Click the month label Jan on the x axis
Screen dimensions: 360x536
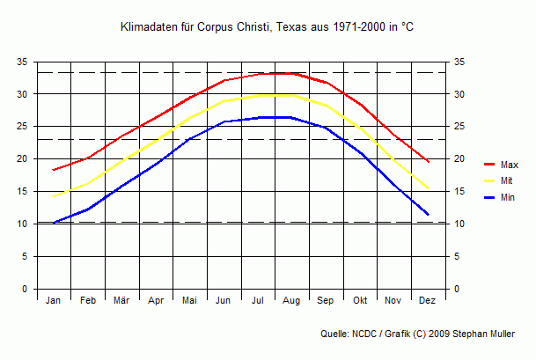click(53, 301)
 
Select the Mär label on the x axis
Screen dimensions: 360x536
click(121, 301)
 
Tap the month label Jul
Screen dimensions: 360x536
click(258, 301)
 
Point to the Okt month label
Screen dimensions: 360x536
click(360, 301)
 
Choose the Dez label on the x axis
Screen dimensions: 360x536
click(428, 301)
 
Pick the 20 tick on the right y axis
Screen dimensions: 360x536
click(459, 159)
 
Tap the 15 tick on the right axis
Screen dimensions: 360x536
click(459, 192)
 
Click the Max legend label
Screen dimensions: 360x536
click(509, 165)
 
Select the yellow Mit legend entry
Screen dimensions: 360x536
click(507, 181)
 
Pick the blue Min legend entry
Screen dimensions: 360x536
click(508, 197)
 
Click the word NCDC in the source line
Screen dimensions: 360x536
click(367, 334)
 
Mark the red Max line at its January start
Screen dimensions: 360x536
click(54, 170)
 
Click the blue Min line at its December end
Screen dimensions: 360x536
click(428, 215)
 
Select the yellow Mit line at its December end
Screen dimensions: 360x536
click(428, 188)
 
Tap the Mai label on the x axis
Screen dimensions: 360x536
click(189, 301)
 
